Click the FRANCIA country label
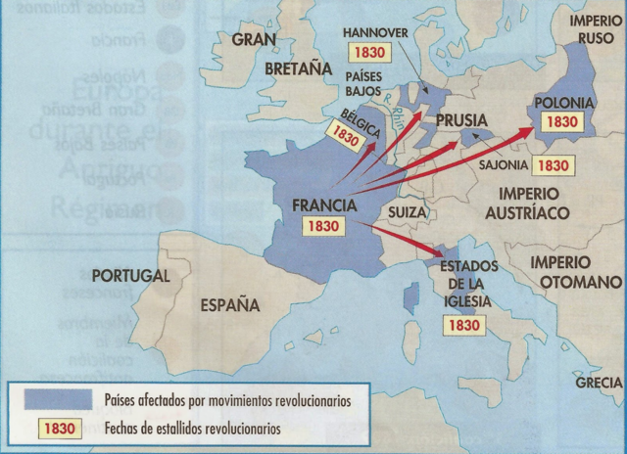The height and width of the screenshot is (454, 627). (x=322, y=204)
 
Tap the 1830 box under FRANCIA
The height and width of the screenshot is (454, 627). (x=322, y=225)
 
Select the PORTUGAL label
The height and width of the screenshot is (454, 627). (x=130, y=276)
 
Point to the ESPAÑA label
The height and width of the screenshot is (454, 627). (x=230, y=305)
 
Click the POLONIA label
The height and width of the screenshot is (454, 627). (x=562, y=102)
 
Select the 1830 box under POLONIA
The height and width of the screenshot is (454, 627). (x=562, y=122)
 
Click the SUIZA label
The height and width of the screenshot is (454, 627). (x=408, y=211)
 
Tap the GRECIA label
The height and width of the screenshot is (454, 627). (x=599, y=383)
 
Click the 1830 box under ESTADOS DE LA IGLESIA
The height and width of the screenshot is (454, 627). (x=464, y=324)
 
